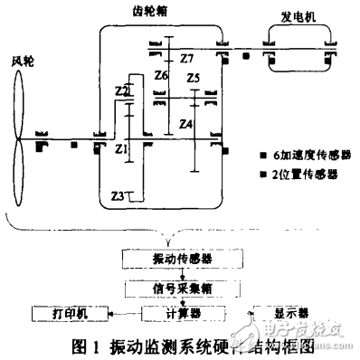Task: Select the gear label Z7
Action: pos(186,59)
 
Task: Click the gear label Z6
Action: pos(161,75)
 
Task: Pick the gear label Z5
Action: pos(193,80)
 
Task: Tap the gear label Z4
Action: pos(185,123)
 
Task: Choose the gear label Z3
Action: pos(116,195)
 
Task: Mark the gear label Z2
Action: pos(122,91)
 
